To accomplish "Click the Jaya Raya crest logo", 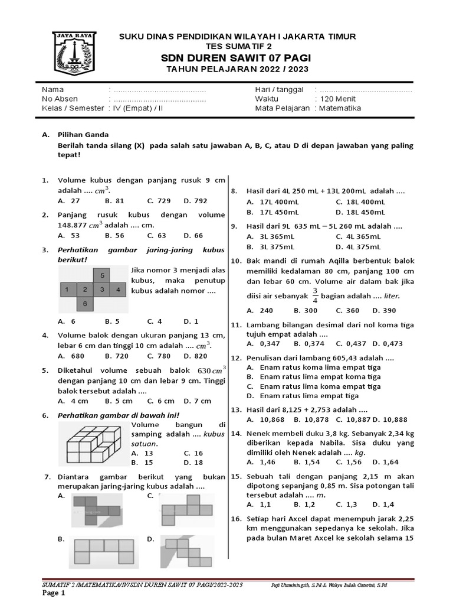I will [x=72, y=53].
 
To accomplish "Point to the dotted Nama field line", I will [x=159, y=90].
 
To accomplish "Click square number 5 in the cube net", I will [x=102, y=275].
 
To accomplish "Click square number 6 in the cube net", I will [x=86, y=304].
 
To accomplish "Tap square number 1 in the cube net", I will [x=68, y=290].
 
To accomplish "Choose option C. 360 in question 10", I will [x=348, y=310].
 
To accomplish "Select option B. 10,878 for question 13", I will [x=310, y=419].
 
